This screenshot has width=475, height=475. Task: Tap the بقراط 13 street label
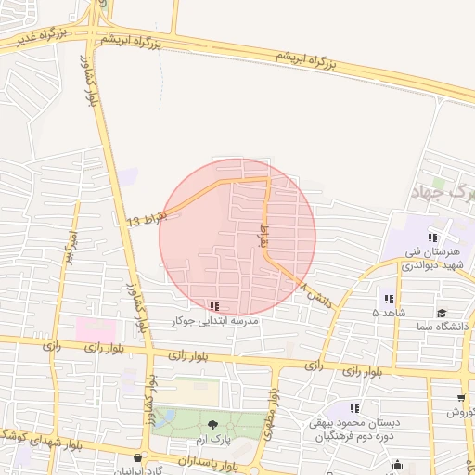(146, 220)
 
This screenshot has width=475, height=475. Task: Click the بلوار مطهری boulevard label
(274, 404)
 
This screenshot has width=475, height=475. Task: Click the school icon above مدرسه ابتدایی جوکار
(214, 305)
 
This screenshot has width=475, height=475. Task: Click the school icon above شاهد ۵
(388, 299)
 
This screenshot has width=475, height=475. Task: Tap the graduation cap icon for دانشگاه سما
(442, 313)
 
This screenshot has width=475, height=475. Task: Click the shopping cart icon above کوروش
(461, 398)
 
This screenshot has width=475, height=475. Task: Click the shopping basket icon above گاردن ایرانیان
(138, 457)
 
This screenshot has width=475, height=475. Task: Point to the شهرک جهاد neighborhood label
(441, 193)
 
